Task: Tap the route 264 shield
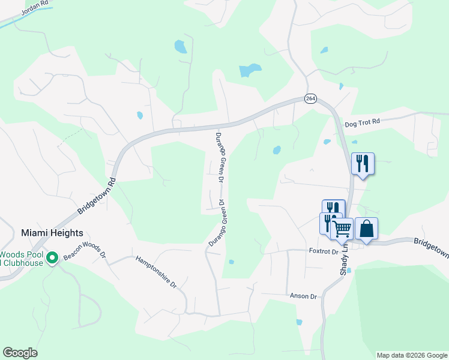[x=310, y=99]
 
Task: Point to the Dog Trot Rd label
[x=363, y=122]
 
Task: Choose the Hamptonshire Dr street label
[x=155, y=271]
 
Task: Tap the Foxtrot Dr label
[x=324, y=251]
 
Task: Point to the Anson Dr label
[x=303, y=296]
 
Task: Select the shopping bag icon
[x=366, y=227]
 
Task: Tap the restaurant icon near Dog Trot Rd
[x=363, y=163]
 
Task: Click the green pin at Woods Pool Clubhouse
[x=52, y=258]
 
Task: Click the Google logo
[x=20, y=353]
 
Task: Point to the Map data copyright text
[x=412, y=355]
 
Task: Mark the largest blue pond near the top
[x=250, y=70]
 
